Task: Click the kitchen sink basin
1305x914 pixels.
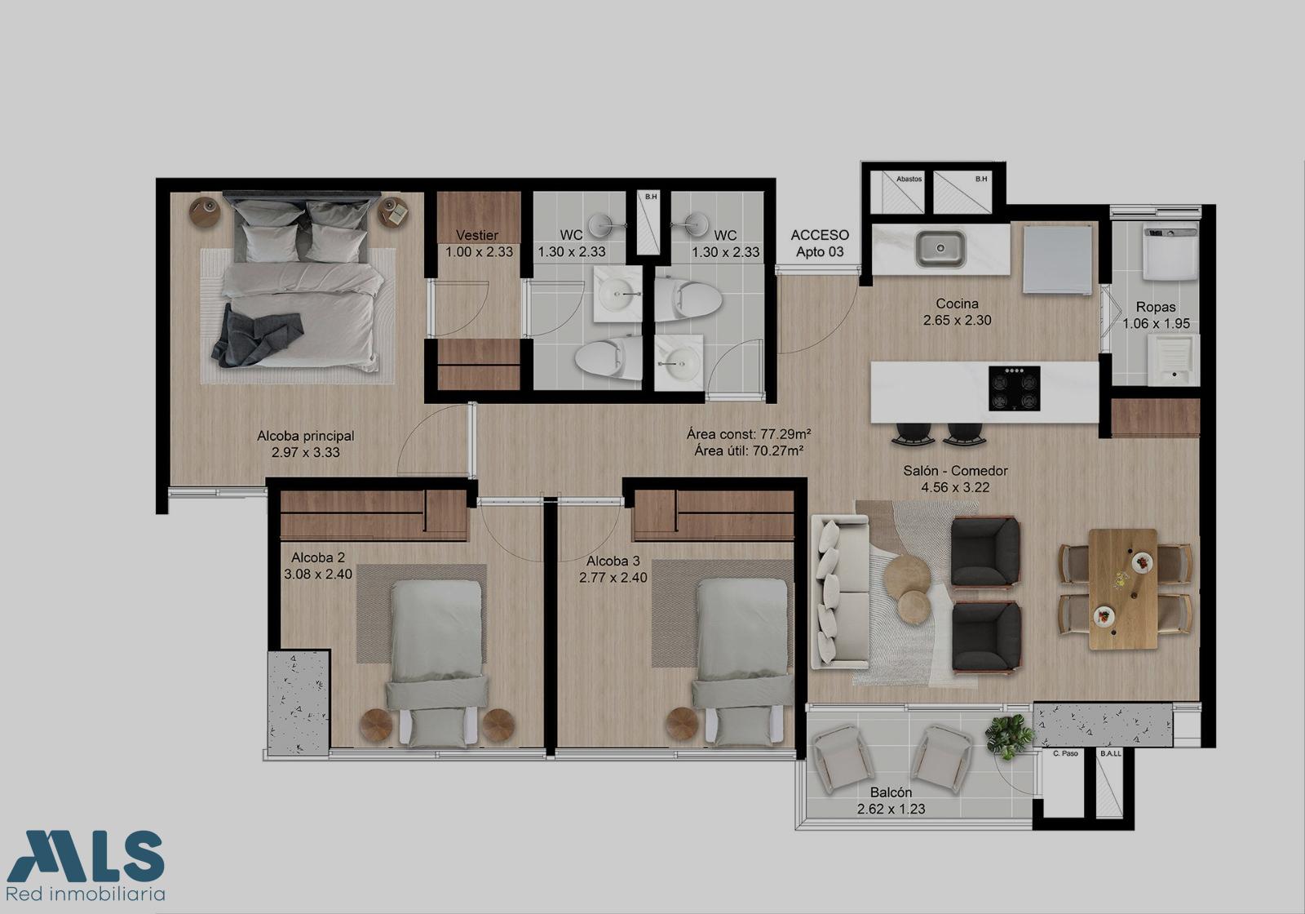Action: [940, 249]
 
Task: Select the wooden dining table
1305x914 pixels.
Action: [1122, 588]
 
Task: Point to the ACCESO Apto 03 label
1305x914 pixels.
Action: [820, 244]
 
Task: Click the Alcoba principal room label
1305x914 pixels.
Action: [306, 436]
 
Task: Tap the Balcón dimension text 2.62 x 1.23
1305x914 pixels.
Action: [891, 809]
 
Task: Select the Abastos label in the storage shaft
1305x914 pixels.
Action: [909, 179]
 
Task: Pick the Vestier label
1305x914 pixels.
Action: [477, 236]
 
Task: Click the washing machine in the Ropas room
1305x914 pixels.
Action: [1170, 254]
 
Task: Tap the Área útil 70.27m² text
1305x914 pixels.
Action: [750, 450]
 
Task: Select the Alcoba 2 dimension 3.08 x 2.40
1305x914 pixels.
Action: [318, 575]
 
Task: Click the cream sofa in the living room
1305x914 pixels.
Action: [840, 592]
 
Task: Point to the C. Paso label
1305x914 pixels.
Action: [1065, 754]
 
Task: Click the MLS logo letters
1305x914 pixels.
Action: [86, 856]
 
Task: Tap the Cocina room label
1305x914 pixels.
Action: [958, 304]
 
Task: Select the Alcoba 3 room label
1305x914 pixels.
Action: [613, 561]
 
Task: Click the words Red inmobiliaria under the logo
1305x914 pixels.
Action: [85, 894]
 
